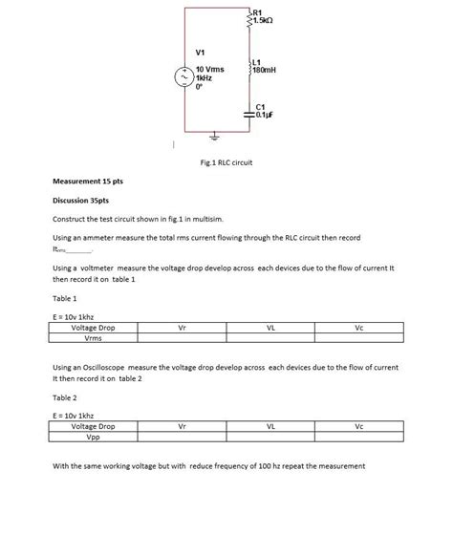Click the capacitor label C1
click(x=262, y=106)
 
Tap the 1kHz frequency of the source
click(x=204, y=80)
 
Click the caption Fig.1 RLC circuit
click(x=227, y=162)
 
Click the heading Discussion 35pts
click(x=79, y=201)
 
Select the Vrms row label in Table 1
click(x=94, y=337)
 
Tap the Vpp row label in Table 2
click(x=94, y=436)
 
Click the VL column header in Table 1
click(x=271, y=328)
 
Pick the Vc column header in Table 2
click(x=359, y=426)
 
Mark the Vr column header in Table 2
click(x=183, y=426)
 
